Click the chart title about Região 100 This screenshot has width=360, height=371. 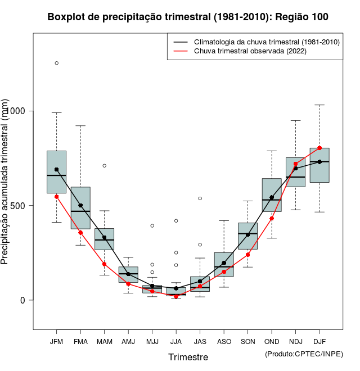(x=188, y=17)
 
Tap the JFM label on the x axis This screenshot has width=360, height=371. (x=56, y=341)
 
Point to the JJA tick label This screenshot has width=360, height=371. (x=176, y=341)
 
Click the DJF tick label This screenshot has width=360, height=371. (x=319, y=341)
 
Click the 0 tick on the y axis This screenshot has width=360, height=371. (x=24, y=300)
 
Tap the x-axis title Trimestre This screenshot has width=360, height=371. (x=188, y=357)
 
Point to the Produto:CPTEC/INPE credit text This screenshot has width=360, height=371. (x=304, y=354)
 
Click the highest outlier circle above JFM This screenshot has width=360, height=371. (x=56, y=63)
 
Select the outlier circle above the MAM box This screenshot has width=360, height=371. (x=104, y=166)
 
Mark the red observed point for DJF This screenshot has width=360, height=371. (x=319, y=148)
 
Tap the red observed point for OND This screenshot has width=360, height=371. (x=272, y=218)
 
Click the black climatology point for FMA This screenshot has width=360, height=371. (x=80, y=206)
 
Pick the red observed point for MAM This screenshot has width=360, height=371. (x=104, y=264)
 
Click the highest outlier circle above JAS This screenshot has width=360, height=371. (x=200, y=198)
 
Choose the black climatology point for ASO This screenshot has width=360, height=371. (x=224, y=263)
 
